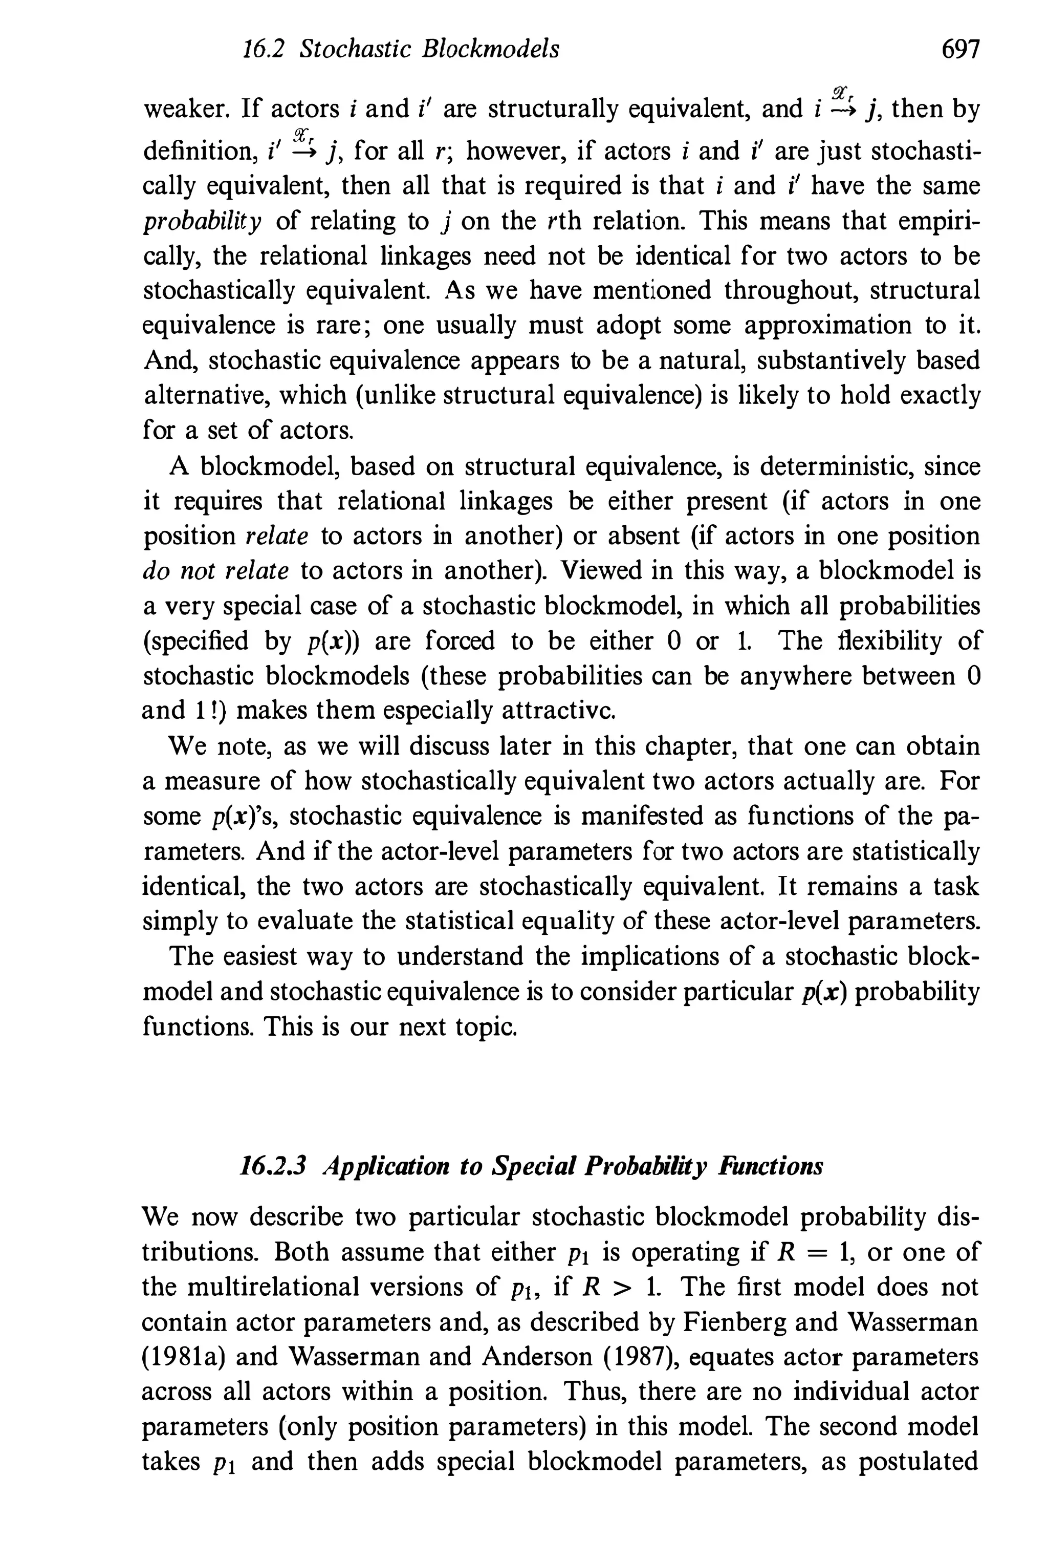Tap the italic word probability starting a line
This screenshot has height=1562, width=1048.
tap(203, 221)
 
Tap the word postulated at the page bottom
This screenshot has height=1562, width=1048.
tap(918, 1462)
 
